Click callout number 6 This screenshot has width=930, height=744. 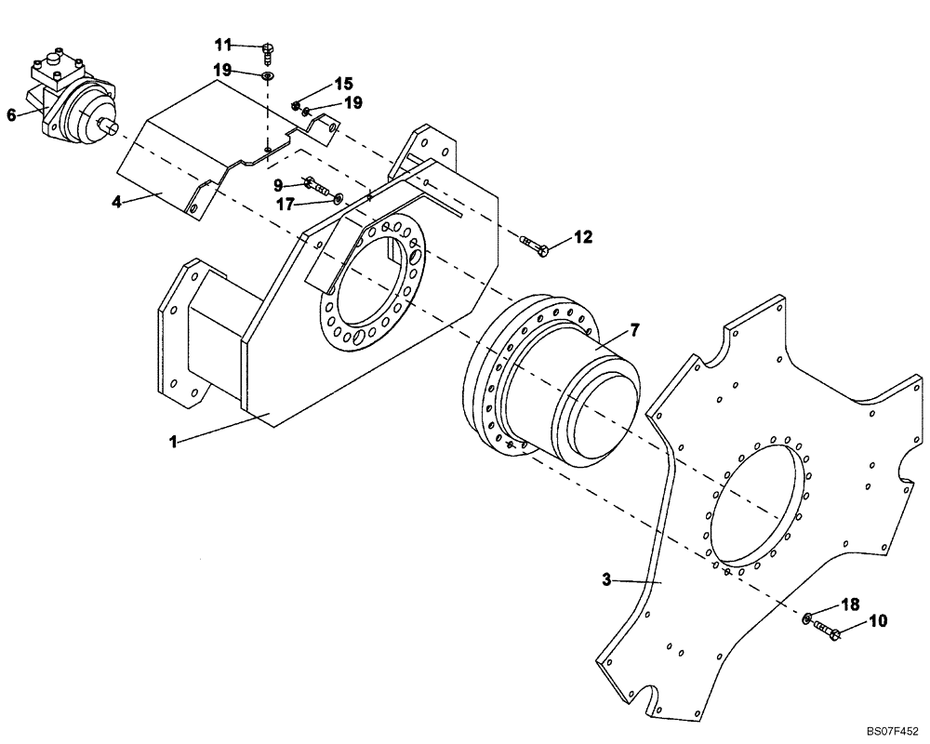[x=11, y=114]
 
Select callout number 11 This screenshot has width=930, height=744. [x=223, y=45]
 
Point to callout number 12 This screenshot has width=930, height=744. [x=582, y=237]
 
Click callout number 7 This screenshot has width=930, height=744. [x=634, y=329]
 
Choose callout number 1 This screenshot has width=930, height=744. [x=172, y=443]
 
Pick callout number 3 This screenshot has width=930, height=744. [x=605, y=579]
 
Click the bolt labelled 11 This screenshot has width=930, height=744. [x=268, y=49]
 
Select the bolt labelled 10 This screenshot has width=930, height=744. [x=827, y=631]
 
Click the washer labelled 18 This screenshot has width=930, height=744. [x=806, y=618]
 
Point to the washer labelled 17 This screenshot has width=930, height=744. [x=337, y=196]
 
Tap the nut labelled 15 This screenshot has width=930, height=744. [x=297, y=104]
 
